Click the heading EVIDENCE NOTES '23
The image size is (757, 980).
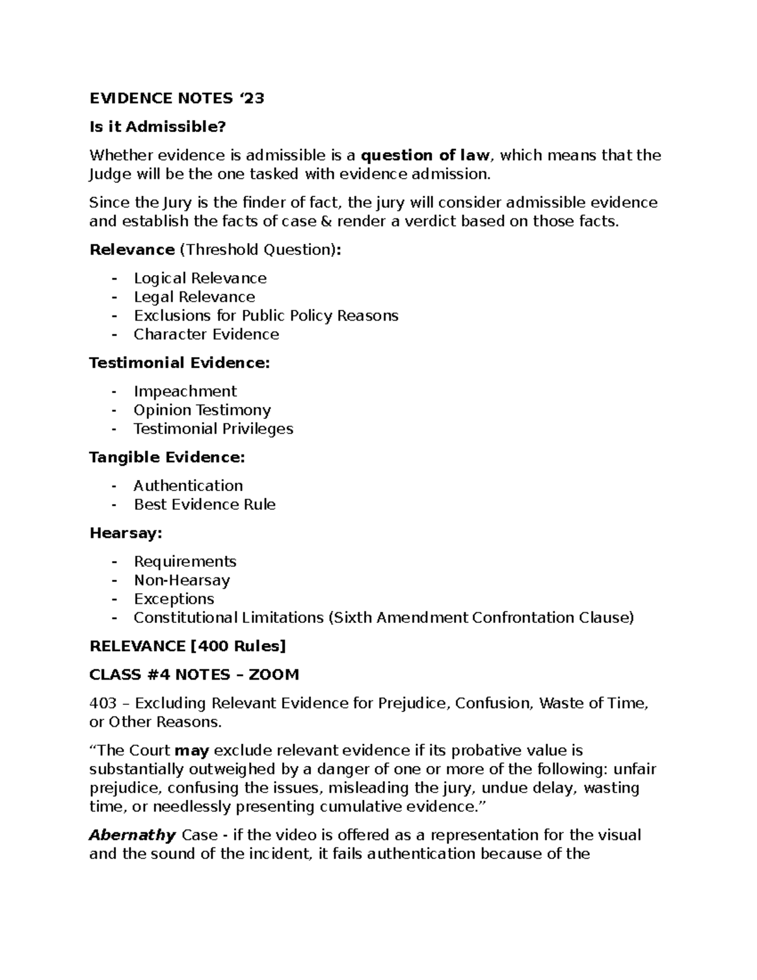(177, 98)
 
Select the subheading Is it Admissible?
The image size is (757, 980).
(157, 127)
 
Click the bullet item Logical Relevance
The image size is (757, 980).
(200, 278)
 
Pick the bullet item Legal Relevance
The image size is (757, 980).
(194, 297)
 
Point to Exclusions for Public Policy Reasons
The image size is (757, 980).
(266, 316)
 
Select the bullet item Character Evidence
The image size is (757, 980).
(206, 334)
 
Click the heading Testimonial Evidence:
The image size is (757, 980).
(180, 363)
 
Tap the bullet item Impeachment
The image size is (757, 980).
(185, 391)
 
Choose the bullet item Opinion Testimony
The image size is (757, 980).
(202, 410)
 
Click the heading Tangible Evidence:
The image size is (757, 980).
(167, 457)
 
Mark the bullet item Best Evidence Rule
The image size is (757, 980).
(204, 504)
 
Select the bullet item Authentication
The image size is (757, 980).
(188, 485)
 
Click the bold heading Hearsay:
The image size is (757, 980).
(126, 533)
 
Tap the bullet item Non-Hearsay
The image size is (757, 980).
(182, 580)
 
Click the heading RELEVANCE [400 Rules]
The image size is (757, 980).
(187, 646)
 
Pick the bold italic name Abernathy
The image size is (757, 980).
(132, 835)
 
